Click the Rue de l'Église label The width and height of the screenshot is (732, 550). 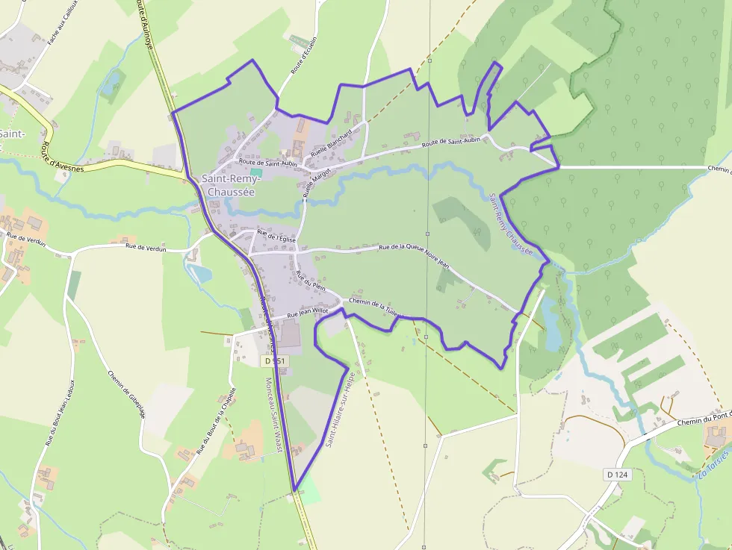coord(276,238)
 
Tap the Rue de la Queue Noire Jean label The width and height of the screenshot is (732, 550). coord(415,255)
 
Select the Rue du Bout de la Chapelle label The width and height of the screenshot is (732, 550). coord(216,422)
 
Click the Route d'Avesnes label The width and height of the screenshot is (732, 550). coord(63,157)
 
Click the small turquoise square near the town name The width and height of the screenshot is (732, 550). coord(256,172)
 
